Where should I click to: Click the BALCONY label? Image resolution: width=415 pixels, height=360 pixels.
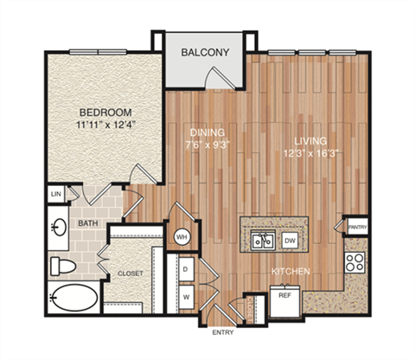pyautogui.click(x=205, y=53)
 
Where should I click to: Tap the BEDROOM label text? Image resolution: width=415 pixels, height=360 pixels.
pyautogui.click(x=105, y=112)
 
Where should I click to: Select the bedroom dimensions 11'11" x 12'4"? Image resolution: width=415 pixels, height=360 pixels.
pyautogui.click(x=105, y=126)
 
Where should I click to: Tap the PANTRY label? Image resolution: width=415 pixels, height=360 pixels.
pyautogui.click(x=356, y=228)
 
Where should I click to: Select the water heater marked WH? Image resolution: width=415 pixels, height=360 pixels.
pyautogui.click(x=182, y=235)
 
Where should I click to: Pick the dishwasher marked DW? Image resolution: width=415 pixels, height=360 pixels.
pyautogui.click(x=290, y=241)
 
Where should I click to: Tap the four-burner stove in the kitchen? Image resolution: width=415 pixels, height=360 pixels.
pyautogui.click(x=354, y=261)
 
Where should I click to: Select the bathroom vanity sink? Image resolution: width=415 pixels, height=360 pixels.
pyautogui.click(x=60, y=228)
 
